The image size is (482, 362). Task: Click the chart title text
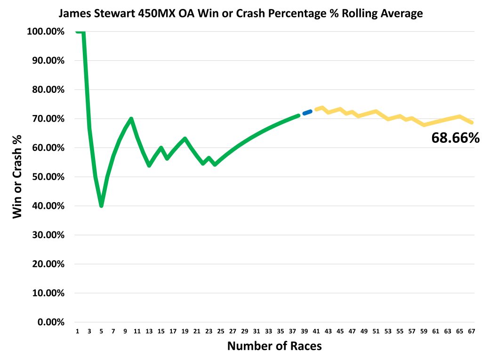tap(241, 14)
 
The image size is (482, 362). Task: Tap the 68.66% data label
tap(455, 138)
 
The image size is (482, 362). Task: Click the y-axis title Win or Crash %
tap(17, 176)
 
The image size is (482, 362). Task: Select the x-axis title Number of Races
tap(274, 346)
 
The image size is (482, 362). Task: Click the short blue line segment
tap(307, 112)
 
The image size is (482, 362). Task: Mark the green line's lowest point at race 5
tap(101, 206)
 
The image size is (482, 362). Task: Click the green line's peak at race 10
tap(131, 118)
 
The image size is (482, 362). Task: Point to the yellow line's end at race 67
tap(472, 123)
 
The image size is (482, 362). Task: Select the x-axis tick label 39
tap(304, 331)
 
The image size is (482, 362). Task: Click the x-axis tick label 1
tap(77, 331)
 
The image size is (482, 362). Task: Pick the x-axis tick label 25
tap(220, 331)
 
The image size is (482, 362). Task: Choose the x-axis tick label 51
tap(376, 331)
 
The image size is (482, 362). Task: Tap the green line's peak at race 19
tap(185, 139)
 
